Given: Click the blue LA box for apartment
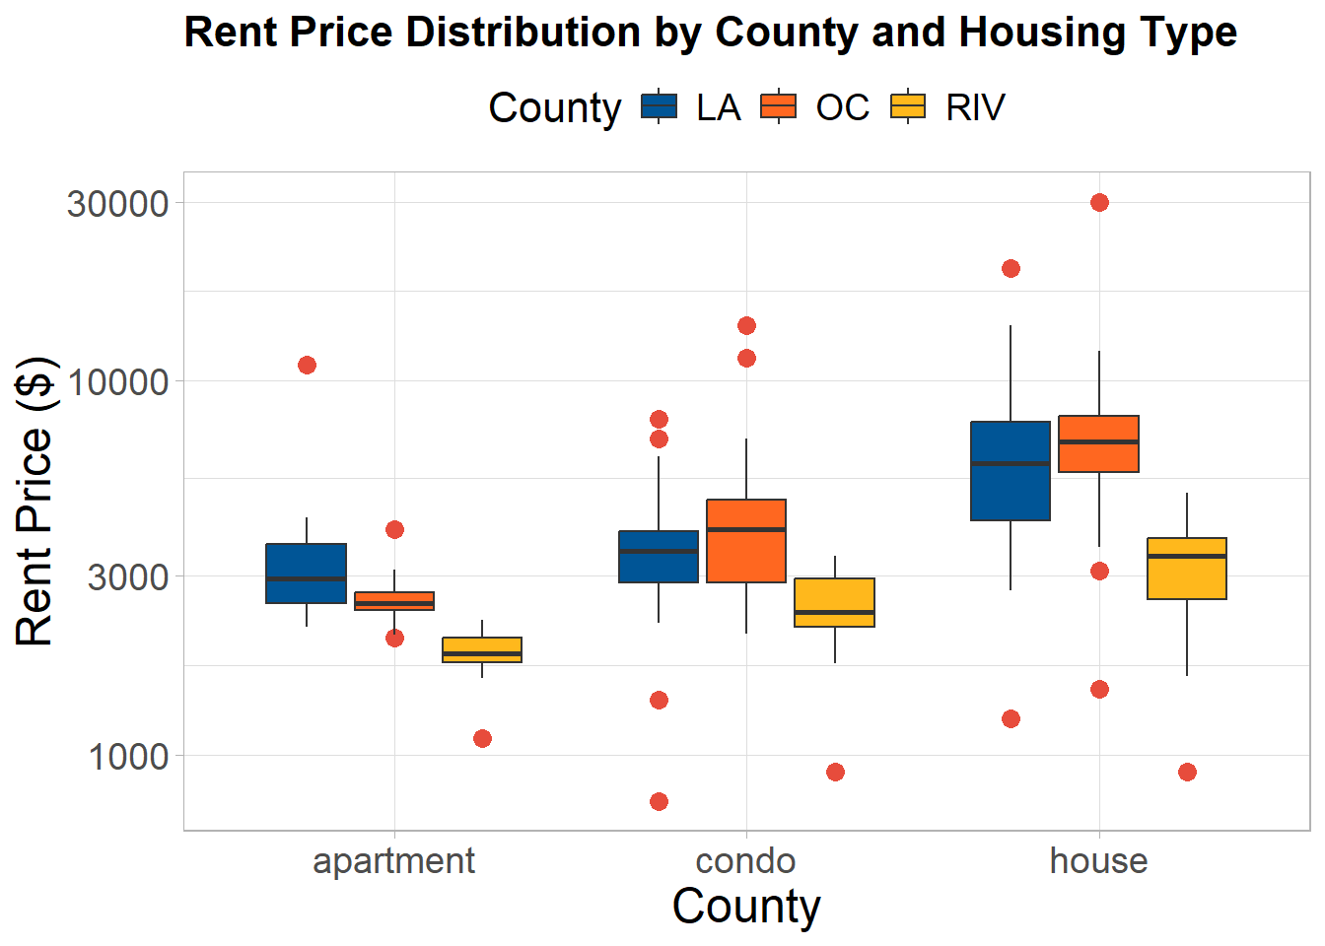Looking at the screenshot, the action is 306,573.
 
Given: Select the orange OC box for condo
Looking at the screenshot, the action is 746,541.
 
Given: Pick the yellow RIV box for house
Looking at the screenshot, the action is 1187,569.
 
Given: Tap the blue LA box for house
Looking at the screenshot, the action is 1011,471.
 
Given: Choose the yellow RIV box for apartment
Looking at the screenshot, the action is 482,649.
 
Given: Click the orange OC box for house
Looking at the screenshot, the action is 1098,443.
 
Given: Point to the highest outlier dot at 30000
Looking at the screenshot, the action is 1099,203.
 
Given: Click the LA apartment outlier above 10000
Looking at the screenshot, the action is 307,366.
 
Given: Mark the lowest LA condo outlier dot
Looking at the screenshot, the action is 659,802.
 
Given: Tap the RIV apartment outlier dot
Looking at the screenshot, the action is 483,738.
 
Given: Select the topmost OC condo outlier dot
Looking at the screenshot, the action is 746,326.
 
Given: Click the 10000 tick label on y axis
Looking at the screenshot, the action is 118,382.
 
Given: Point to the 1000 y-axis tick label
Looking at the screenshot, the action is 128,756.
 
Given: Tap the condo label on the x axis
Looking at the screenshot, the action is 745,861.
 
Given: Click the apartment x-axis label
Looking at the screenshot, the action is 394,862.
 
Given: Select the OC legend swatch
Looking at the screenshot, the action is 779,106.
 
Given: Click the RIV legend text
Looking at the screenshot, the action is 975,107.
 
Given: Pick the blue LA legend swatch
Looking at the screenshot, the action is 659,106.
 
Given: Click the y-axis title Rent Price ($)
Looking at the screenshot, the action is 35,501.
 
